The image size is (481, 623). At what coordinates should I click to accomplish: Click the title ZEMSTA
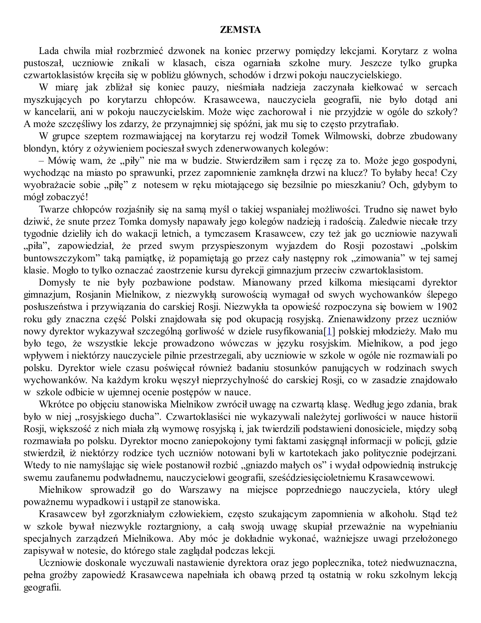point(240,30)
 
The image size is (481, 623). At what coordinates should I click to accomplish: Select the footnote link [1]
point(330,331)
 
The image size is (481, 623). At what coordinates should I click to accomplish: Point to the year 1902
point(447,307)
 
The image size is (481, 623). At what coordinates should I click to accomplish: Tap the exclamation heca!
point(426,173)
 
